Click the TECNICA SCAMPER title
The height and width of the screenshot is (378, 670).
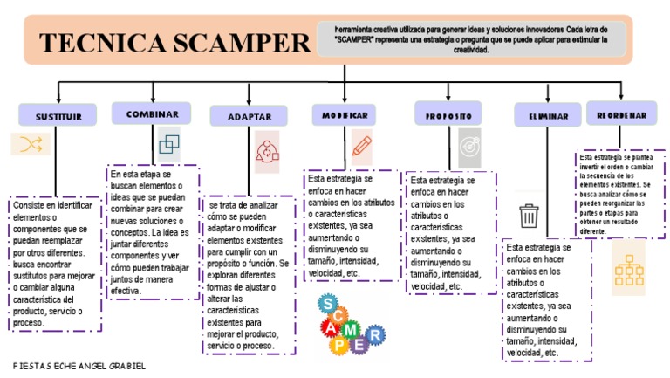174,43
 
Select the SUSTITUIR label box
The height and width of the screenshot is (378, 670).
58,115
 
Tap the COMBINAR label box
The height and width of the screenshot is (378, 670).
152,113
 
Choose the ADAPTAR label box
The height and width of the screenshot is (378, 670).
249,116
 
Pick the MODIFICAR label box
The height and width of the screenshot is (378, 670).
345,115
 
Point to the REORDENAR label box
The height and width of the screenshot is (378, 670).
621,114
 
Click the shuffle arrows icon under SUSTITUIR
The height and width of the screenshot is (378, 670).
31,144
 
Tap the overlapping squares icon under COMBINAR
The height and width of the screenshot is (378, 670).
169,142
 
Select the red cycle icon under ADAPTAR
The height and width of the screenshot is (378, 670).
266,152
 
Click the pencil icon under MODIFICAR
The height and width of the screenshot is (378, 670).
361,145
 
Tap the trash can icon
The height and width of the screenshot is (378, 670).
529,215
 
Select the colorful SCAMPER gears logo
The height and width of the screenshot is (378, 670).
349,323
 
